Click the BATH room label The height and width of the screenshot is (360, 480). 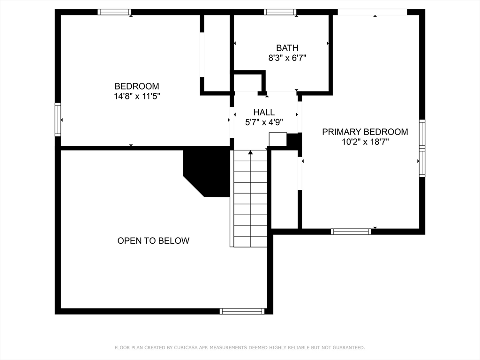coord(287,48)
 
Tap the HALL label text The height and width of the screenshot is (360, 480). coord(264,112)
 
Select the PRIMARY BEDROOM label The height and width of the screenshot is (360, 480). coord(365,132)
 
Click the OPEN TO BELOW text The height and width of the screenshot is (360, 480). coord(153,240)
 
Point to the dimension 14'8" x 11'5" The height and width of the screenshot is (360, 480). coord(137,96)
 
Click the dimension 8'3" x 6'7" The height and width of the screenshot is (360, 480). coord(287,58)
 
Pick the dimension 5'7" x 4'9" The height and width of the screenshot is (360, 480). coord(264,122)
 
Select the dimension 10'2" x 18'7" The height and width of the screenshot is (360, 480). coord(365,142)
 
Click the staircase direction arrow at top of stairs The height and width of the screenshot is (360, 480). coord(250,152)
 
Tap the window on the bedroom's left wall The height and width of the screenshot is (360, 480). coord(58,120)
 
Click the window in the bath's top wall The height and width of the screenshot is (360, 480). coord(280,12)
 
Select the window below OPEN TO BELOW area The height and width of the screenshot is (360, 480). coord(242,311)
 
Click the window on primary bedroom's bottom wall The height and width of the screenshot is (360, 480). coord(351,232)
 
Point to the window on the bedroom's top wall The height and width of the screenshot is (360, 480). coord(114,12)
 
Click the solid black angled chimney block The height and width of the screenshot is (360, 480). coord(207,172)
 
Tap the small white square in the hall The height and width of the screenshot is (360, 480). coord(277,139)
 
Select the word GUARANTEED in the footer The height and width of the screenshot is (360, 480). coord(349,347)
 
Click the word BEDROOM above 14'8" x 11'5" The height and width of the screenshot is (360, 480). coord(137,86)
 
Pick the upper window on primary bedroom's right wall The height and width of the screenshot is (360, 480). coord(422,134)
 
